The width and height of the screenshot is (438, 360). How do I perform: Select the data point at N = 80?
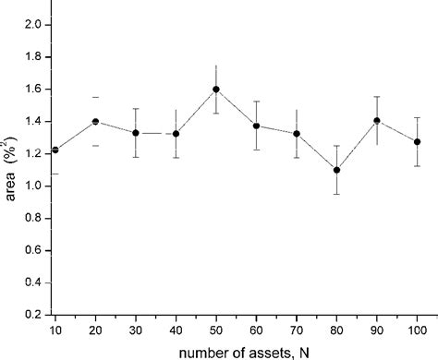336,170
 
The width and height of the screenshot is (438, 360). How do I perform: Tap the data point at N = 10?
55,150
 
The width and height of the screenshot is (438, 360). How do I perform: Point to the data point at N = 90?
376,121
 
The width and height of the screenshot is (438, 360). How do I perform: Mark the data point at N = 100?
417,142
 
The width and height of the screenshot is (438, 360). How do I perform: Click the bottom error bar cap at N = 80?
336,194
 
